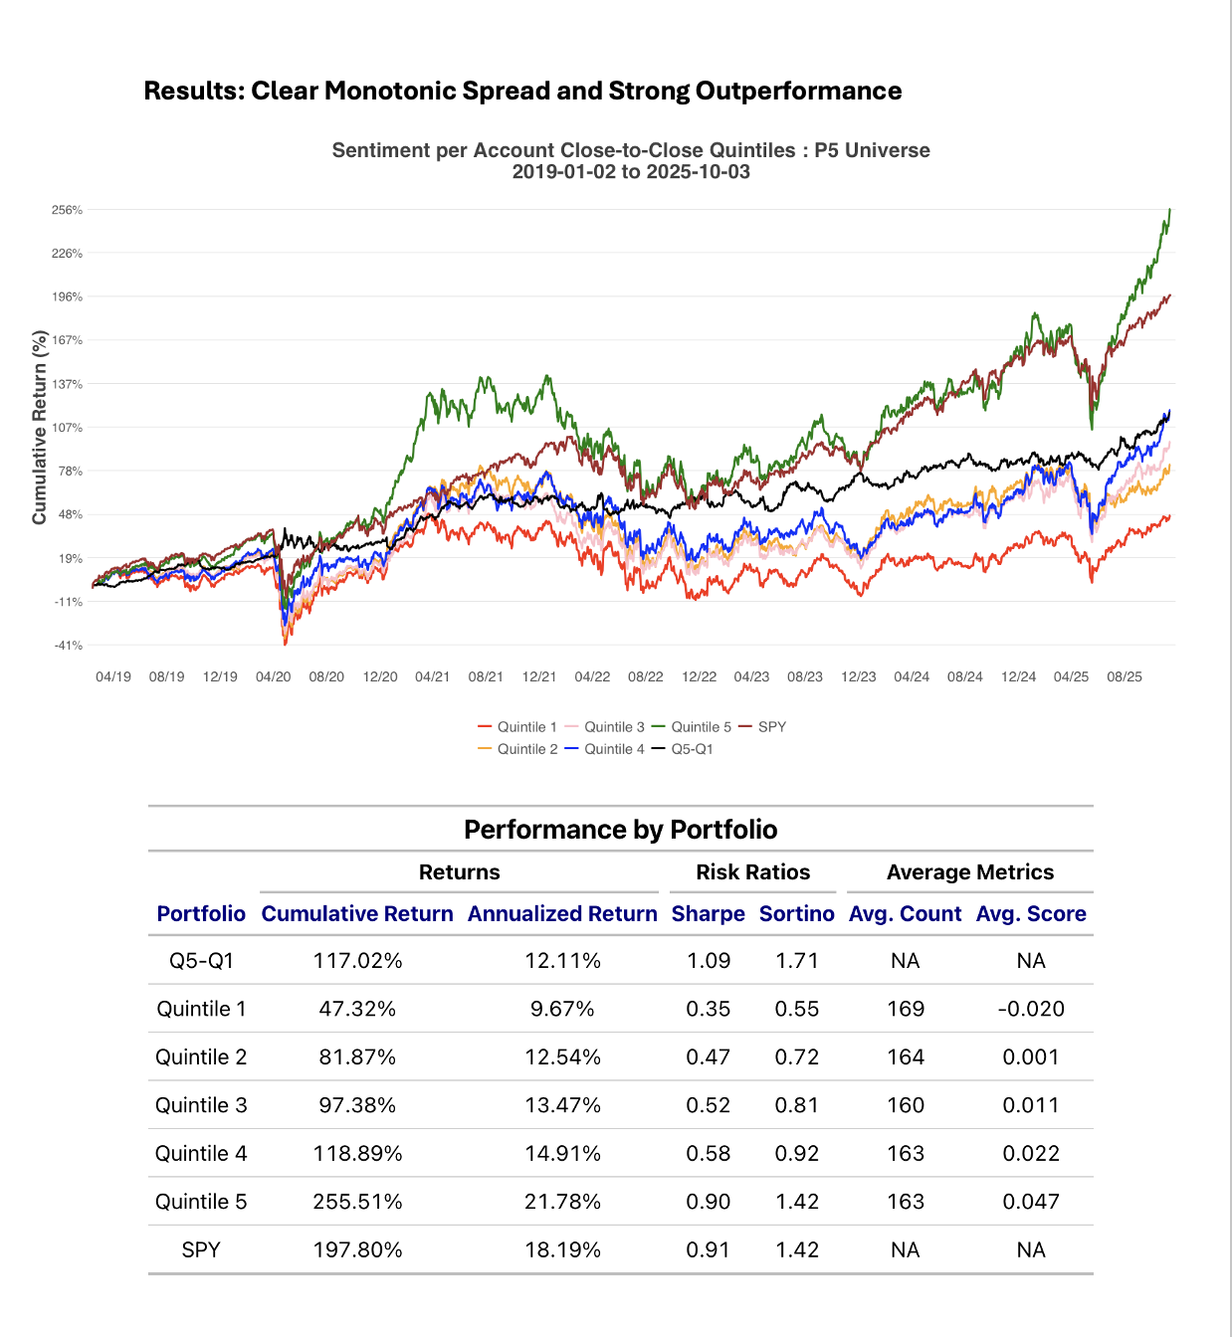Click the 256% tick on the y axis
68,210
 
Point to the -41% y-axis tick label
68,646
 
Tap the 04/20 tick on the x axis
274,676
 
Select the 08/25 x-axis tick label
1125,676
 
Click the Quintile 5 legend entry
701,727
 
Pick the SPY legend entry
771,727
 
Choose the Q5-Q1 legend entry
692,749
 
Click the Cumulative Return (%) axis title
40,428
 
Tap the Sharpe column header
708,913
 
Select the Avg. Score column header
1031,913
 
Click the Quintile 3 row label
201,1105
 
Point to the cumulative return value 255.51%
357,1202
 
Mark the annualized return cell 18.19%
562,1249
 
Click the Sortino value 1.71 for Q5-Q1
796,961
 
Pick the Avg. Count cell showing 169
906,1009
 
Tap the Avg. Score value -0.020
1031,1009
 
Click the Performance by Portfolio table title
620,830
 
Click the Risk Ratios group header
752,872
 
